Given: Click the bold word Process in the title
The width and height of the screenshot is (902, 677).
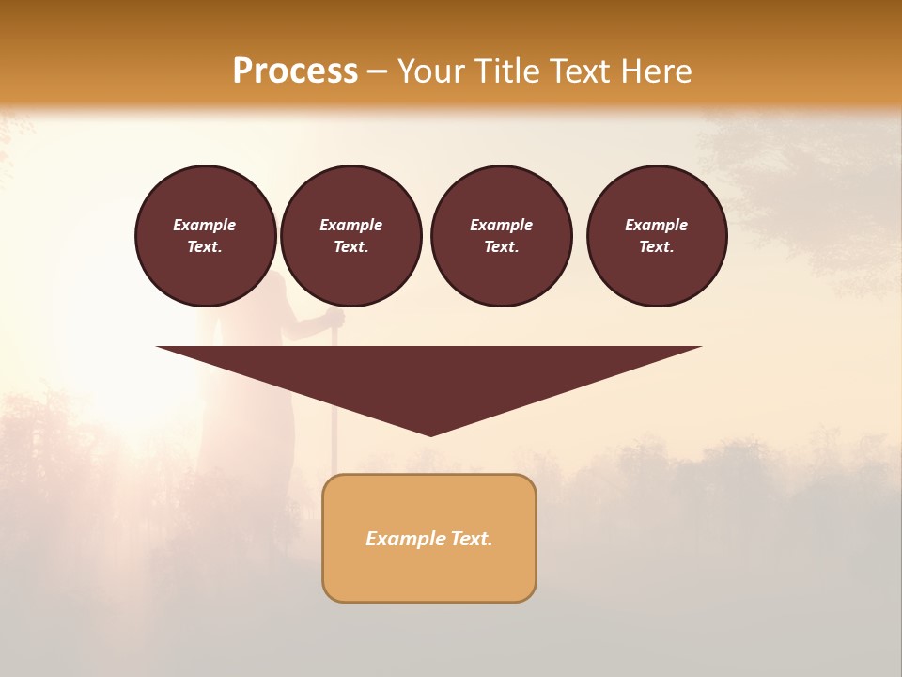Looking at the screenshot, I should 295,71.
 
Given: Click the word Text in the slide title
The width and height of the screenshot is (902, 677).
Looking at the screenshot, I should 578,71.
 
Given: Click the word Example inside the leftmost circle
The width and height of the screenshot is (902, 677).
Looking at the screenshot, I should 205,225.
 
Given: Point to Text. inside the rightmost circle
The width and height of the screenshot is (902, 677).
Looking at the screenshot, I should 657,247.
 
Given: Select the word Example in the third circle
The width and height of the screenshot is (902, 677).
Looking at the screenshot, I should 501,225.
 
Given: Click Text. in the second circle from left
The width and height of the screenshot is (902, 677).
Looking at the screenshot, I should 350,247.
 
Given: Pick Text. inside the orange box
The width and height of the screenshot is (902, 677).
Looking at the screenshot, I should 470,539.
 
